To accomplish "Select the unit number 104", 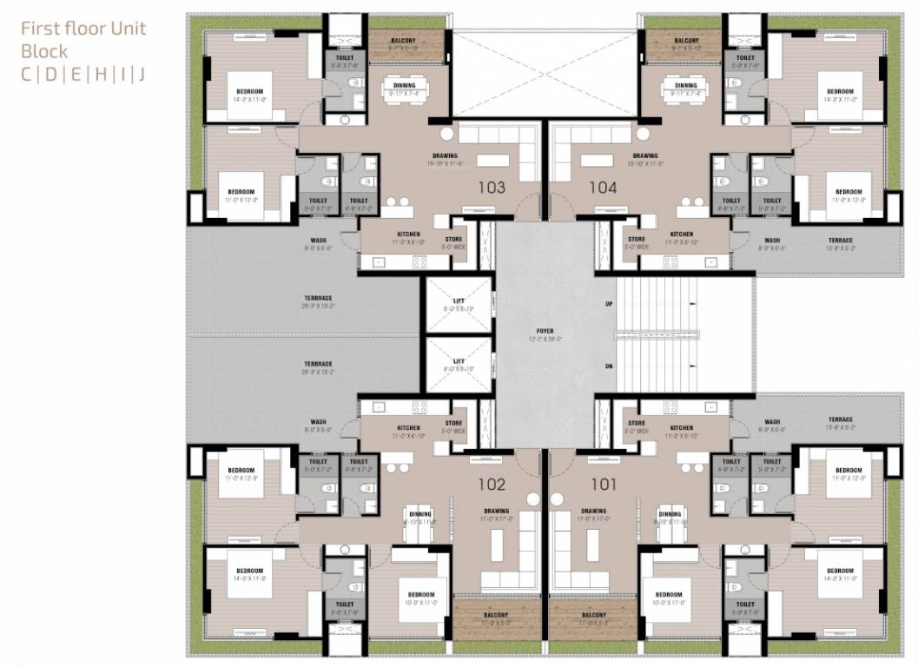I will coord(603,187).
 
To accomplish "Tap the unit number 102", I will coord(491,484).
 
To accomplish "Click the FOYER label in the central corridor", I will coord(545,332).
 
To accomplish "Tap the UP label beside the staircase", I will coord(609,304).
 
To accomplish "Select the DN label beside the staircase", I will coord(609,367).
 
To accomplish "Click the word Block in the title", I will coord(44,50).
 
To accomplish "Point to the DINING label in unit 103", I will coord(404,85).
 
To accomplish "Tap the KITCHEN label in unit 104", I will coord(682,234).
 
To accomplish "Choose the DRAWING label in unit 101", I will coord(593,511).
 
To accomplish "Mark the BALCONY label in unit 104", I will coord(686,41).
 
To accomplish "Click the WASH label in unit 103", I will coord(319,241).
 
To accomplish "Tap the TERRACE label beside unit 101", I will coord(840,419).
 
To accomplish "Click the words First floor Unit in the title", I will coord(83,28).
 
